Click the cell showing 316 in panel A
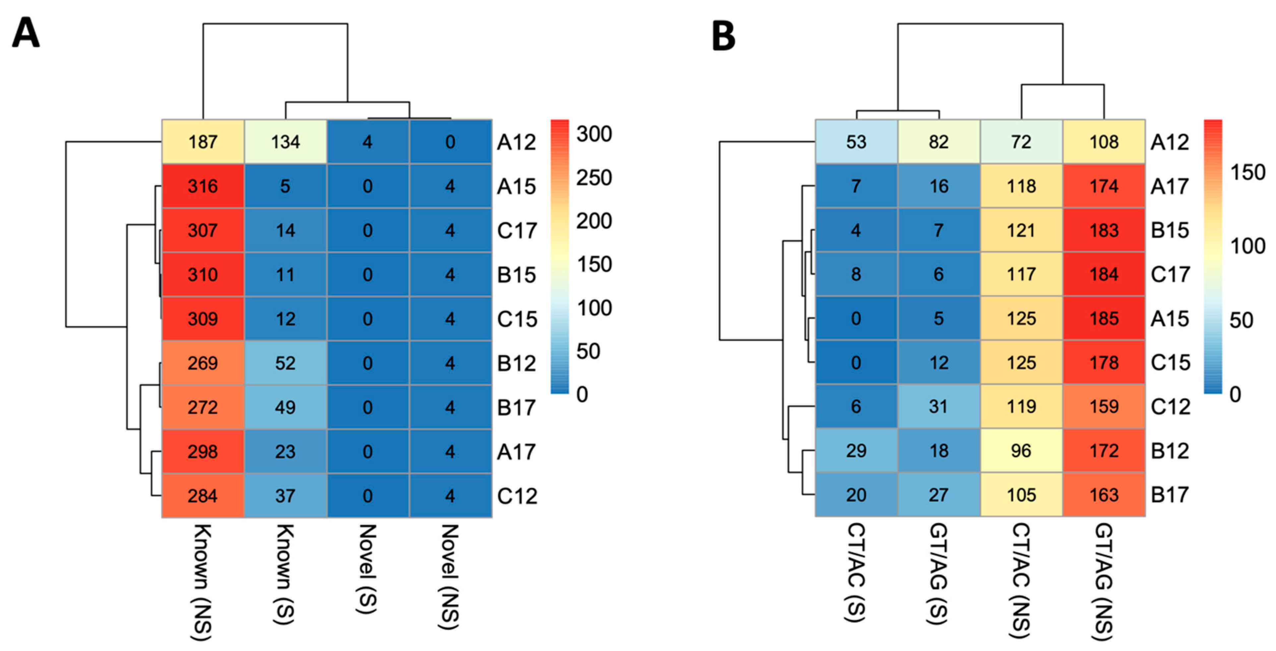(203, 186)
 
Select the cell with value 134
(285, 142)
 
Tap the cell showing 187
(203, 142)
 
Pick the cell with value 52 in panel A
(285, 363)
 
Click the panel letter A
(26, 33)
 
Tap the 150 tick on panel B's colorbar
(1247, 172)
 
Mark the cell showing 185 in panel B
(1104, 318)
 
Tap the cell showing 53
(856, 142)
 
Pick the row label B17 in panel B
(1170, 495)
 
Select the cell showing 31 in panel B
(939, 407)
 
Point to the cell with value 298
(203, 451)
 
